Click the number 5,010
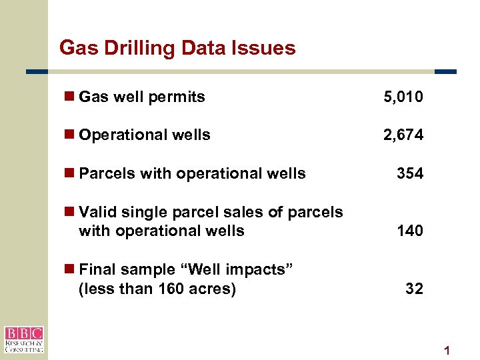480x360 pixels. tap(403, 97)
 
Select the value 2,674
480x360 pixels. tap(403, 135)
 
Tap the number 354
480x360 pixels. tap(409, 174)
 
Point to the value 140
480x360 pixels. tap(409, 231)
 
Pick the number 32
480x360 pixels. tap(414, 289)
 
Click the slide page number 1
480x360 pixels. tap(447, 351)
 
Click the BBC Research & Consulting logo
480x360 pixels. tap(24, 339)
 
